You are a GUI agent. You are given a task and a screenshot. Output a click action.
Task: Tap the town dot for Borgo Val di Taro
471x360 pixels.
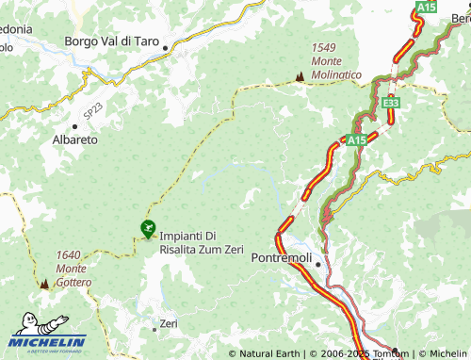tap(166, 47)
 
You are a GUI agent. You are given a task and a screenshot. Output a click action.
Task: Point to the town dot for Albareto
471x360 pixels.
tap(74, 125)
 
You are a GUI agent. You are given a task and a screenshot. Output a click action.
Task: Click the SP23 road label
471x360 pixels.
tap(90, 110)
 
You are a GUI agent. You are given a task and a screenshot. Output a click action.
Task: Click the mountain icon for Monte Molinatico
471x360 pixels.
tap(300, 75)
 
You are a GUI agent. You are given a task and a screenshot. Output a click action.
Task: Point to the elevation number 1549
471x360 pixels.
tap(324, 47)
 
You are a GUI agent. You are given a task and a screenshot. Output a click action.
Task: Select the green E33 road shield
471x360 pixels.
tap(392, 102)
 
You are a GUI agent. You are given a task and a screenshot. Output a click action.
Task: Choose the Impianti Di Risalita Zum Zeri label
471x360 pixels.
tap(202, 242)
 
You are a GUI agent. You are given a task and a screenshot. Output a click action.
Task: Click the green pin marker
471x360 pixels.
tap(147, 228)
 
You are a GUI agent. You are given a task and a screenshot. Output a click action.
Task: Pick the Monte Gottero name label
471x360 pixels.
tap(73, 275)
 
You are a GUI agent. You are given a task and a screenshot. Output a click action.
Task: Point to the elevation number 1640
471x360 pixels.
tap(67, 254)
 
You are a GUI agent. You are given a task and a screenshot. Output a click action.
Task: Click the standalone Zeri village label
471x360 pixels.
tap(169, 323)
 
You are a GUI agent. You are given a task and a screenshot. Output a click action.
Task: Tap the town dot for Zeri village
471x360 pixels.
tap(155, 329)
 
